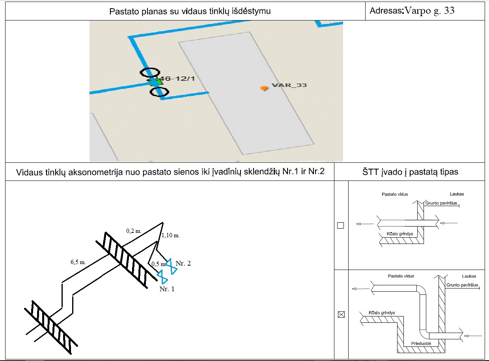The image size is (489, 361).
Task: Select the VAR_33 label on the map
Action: click(289, 85)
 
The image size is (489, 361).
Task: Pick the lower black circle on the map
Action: click(159, 92)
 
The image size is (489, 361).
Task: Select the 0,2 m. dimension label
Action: click(134, 231)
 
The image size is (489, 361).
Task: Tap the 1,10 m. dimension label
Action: click(171, 236)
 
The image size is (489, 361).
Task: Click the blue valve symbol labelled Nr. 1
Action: click(162, 277)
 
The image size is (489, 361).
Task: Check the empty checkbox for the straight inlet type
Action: click(341, 225)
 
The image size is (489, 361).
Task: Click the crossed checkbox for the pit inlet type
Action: click(342, 314)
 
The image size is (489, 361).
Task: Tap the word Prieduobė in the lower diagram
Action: click(421, 343)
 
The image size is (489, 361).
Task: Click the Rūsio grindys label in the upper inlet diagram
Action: click(399, 234)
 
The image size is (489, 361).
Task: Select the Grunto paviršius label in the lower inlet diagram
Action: click(462, 285)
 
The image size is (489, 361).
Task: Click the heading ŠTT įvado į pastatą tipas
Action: click(410, 172)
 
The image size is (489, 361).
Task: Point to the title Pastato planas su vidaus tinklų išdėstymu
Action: click(190, 11)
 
